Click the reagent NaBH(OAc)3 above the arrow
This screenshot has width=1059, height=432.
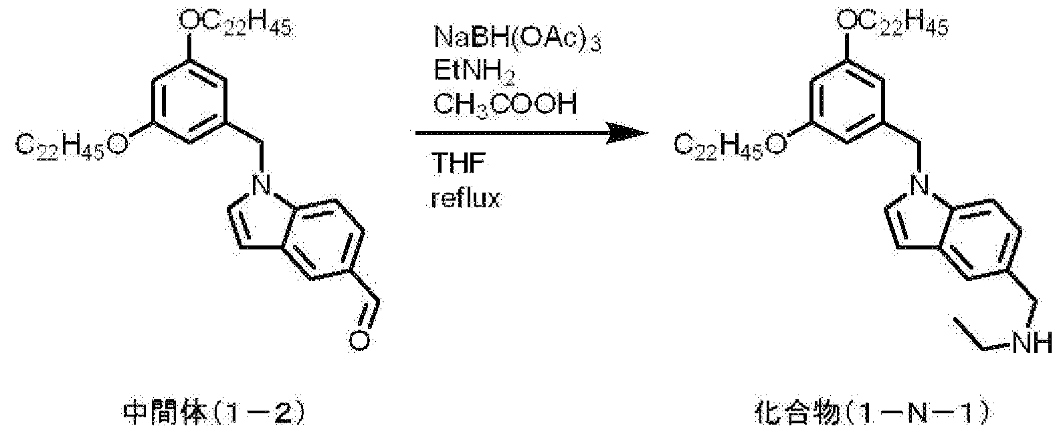point(517,38)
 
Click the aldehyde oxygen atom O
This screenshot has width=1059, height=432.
point(359,341)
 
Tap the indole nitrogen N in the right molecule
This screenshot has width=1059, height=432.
point(919,185)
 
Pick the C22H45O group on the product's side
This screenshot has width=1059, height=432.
point(730,145)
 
